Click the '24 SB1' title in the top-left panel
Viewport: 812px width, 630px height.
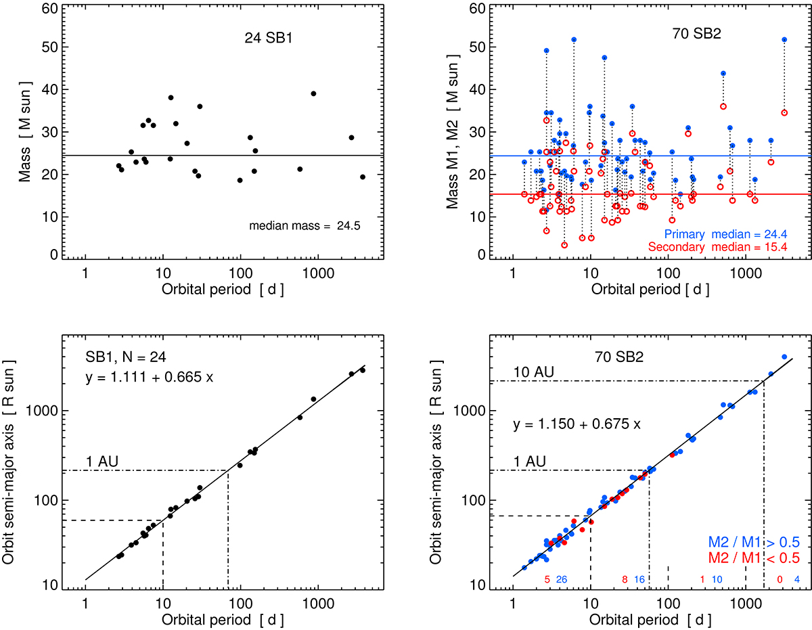point(265,38)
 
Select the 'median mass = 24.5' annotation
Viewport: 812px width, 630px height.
point(308,226)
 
